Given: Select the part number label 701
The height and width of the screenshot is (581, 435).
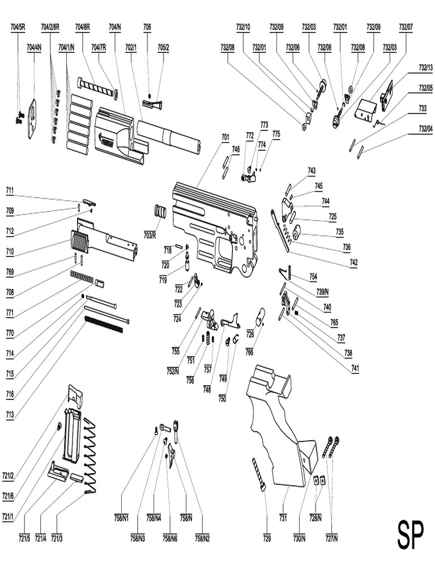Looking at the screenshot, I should (x=225, y=137).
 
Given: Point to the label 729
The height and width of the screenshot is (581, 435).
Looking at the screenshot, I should (x=267, y=537).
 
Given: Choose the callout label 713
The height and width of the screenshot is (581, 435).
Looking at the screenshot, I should (x=10, y=415).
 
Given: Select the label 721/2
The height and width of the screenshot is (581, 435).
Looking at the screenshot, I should (x=8, y=475).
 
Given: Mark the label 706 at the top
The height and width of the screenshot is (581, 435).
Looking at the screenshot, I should (x=147, y=27).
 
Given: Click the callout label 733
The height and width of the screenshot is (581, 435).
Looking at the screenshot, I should (x=423, y=108).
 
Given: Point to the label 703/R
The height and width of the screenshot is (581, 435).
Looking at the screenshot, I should (x=150, y=234).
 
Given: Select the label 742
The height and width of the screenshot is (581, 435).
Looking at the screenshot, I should (x=353, y=263).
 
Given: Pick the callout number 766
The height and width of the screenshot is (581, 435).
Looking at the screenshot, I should (x=249, y=352).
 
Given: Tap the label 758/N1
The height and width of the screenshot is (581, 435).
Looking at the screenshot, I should (x=122, y=517).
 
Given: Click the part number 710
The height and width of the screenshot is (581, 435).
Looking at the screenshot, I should (x=10, y=251).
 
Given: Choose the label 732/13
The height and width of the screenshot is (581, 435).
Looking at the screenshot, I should (x=425, y=68).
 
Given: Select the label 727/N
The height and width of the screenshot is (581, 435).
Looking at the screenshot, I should (x=331, y=537).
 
